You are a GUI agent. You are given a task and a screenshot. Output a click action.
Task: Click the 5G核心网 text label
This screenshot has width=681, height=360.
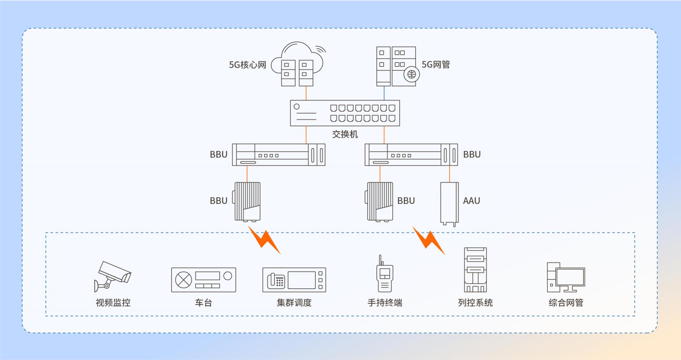click(x=248, y=65)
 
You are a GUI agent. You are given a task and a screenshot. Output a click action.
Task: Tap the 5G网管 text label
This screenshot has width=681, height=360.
click(x=436, y=65)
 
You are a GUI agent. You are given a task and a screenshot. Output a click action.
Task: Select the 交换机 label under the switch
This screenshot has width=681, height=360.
click(x=345, y=134)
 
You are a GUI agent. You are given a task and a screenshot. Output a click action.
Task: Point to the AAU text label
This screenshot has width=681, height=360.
click(x=471, y=201)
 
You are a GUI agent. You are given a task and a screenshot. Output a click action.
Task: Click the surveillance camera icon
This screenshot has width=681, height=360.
click(x=112, y=277)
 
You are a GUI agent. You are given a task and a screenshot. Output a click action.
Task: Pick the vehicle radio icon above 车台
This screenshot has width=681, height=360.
click(x=204, y=280)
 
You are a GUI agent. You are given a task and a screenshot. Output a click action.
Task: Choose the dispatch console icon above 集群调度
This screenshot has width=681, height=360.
click(x=294, y=280)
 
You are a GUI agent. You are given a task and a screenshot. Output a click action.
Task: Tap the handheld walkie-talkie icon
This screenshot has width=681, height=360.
click(x=384, y=273)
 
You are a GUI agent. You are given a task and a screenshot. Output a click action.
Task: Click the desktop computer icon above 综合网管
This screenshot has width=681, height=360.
click(x=566, y=277)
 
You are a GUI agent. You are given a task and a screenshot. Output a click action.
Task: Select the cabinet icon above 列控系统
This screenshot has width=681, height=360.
click(x=475, y=270)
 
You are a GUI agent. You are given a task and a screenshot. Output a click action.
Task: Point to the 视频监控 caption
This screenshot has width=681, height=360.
click(x=113, y=303)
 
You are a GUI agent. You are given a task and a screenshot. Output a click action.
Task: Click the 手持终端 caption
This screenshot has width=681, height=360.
click(x=385, y=303)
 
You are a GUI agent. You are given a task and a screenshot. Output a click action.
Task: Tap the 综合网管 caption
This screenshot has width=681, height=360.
click(x=566, y=303)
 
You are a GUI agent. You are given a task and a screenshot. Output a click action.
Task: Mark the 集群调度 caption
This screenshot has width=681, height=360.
click(x=294, y=303)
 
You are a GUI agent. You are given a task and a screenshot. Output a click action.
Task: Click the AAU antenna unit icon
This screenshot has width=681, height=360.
click(x=449, y=204)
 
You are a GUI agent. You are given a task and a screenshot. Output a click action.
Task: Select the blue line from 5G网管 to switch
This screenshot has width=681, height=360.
click(x=384, y=93)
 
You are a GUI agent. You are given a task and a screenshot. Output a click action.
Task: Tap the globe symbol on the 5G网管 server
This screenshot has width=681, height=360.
click(x=411, y=75)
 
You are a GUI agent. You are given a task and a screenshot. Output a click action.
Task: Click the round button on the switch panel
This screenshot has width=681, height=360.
click(x=297, y=106)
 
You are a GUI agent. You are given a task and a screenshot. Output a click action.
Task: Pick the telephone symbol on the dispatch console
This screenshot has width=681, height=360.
click(x=276, y=281)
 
